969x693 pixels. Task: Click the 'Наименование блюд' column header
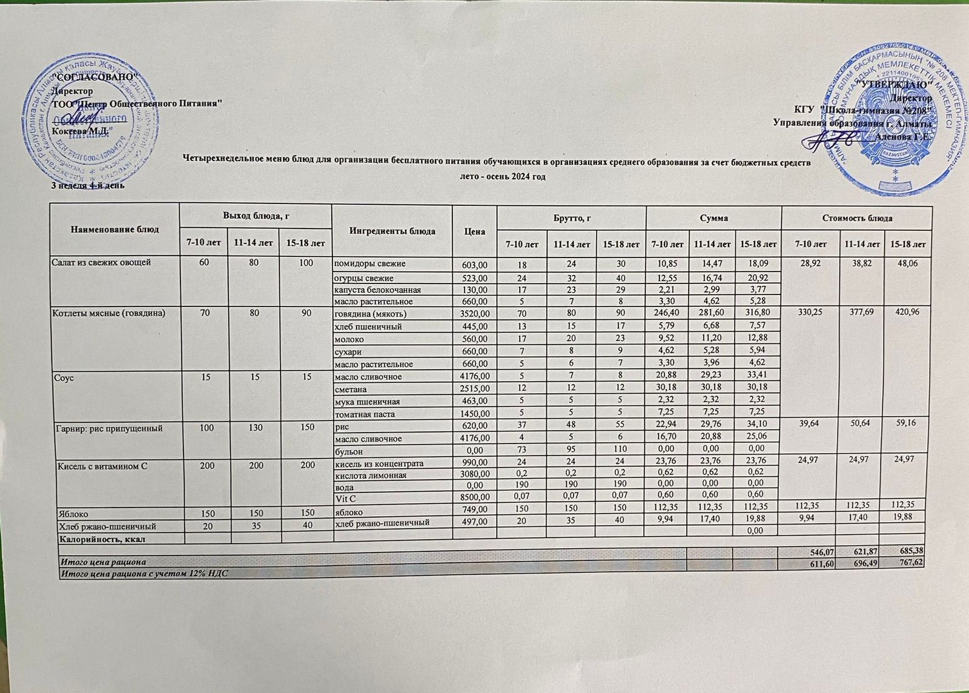[x=115, y=230]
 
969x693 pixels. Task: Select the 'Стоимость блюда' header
[x=856, y=217]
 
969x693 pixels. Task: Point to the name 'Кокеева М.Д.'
[x=81, y=131]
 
